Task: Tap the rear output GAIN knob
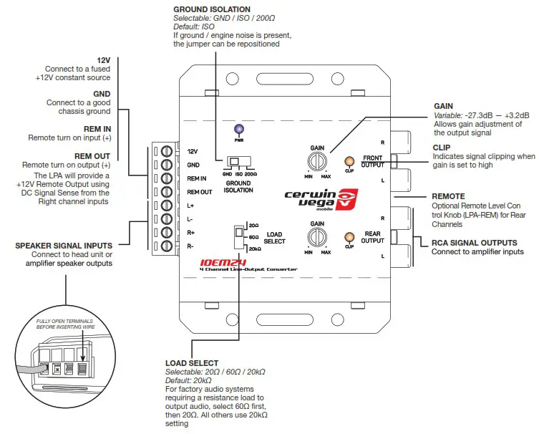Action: (x=317, y=236)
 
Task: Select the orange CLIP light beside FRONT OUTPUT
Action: (x=349, y=162)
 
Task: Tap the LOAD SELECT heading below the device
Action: (x=192, y=363)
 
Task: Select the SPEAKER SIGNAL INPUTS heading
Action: (x=63, y=246)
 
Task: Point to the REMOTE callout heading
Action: (x=449, y=196)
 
